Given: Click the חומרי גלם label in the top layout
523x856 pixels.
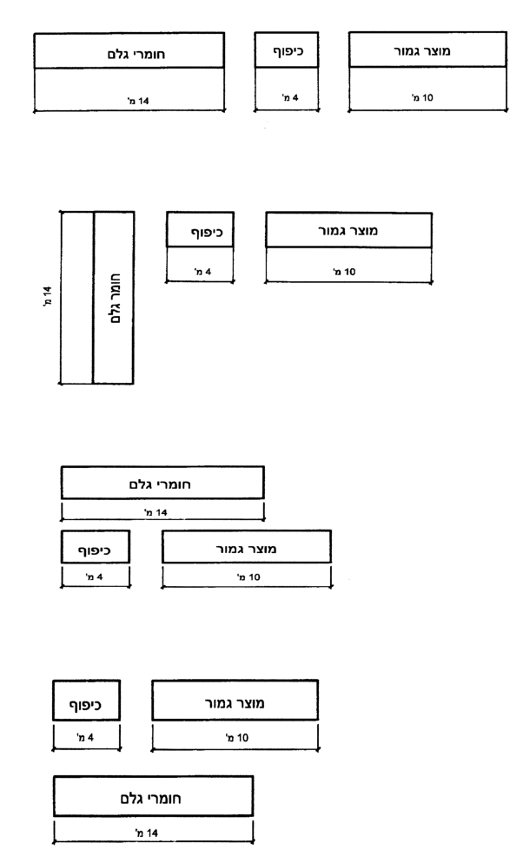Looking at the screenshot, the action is pos(136,54).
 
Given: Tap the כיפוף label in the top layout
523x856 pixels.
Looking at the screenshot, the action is pos(288,51).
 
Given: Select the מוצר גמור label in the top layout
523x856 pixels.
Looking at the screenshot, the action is pos(422,51).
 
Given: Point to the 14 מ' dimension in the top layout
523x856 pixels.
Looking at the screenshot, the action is pos(138,101).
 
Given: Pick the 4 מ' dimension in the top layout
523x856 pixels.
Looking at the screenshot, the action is pos(290,98).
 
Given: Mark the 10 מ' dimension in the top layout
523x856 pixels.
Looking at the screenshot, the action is pos(422,98).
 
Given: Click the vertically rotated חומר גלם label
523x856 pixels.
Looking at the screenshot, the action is pos(116,299).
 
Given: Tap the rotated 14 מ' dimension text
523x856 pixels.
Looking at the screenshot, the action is pos(48,296).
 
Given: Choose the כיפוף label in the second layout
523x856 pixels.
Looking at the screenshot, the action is pos(207,233).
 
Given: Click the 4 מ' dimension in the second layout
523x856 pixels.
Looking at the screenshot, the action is pos(202,272).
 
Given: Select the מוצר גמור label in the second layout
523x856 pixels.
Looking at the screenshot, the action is pos(348,231).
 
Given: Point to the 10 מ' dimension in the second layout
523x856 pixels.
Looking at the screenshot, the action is pos(344,272).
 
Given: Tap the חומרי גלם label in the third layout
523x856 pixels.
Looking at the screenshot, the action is pos(160,484).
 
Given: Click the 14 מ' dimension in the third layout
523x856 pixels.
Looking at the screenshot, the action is pos(156,512).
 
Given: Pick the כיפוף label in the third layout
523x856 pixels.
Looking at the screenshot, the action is pos(94,550).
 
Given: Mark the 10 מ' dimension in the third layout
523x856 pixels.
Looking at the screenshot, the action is pos(248,577).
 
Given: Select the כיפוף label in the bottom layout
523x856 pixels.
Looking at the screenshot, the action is pos(85,705).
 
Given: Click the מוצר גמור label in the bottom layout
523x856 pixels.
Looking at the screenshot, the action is pos(235,703).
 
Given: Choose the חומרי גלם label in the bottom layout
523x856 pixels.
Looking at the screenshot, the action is pos(150,799).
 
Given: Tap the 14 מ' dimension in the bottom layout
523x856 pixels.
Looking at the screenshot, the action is pos(147,833).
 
